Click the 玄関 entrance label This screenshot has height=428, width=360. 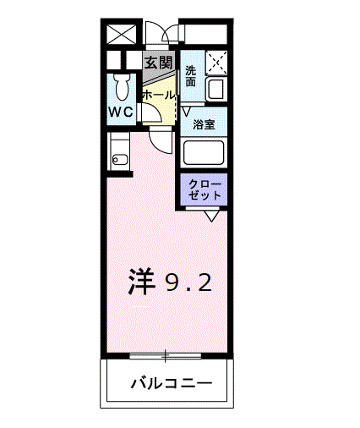pyautogui.click(x=158, y=63)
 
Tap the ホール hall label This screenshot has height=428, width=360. pyautogui.click(x=158, y=96)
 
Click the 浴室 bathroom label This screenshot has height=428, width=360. pyautogui.click(x=203, y=125)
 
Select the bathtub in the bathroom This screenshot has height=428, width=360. pyautogui.click(x=203, y=152)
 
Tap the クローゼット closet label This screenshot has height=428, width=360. pyautogui.click(x=205, y=189)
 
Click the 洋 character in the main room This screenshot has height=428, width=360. pyautogui.click(x=142, y=282)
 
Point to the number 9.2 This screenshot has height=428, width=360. pyautogui.click(x=188, y=283)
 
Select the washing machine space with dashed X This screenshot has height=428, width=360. pyautogui.click(x=216, y=63)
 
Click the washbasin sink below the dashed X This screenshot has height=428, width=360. pyautogui.click(x=214, y=88)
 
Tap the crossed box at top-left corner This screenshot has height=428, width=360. pyautogui.click(x=121, y=36)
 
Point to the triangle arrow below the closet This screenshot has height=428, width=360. pyautogui.click(x=211, y=216)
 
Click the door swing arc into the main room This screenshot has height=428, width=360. pyautogui.click(x=161, y=140)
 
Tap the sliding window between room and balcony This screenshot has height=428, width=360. pyautogui.click(x=166, y=353)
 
